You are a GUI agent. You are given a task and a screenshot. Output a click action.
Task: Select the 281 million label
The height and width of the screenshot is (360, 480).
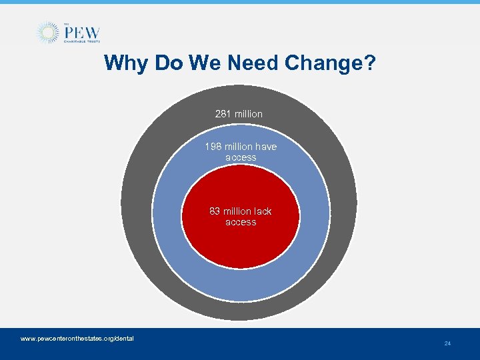239,114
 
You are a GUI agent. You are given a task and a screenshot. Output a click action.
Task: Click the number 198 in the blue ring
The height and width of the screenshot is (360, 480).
213,147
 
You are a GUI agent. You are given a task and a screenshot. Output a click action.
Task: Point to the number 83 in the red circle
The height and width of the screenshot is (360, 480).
215,211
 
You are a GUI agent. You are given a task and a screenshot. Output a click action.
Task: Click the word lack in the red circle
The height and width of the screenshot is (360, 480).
263,211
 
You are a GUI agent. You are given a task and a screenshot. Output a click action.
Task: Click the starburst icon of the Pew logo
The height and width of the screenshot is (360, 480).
47,33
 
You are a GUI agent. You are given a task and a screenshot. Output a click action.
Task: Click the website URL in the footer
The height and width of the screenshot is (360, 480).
77,339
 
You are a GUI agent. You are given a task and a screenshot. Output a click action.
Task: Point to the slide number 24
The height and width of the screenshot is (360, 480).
447,343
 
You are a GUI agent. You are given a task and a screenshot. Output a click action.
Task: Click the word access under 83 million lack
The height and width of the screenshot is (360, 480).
241,222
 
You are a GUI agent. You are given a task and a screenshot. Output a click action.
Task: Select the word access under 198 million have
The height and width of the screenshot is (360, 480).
241,157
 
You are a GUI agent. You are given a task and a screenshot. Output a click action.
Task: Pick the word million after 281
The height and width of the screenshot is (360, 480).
249,114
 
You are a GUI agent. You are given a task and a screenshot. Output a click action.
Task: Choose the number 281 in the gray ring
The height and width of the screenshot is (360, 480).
223,114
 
